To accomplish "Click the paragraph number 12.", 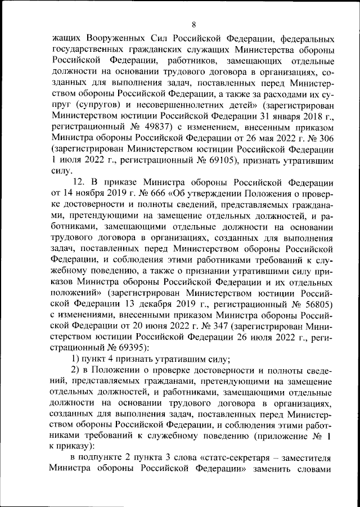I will pyautogui.click(x=79, y=183).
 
